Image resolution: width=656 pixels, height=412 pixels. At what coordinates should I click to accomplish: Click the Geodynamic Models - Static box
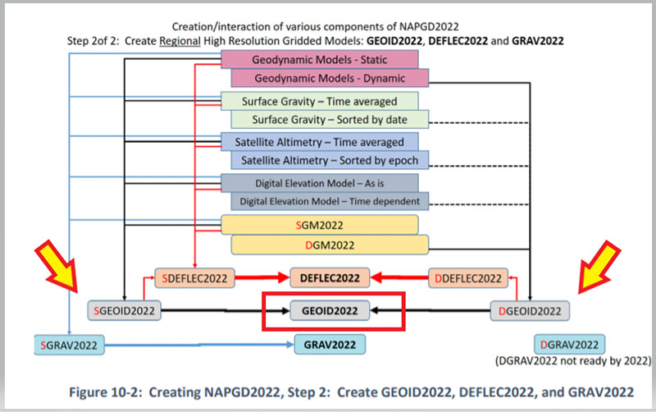pyautogui.click(x=320, y=58)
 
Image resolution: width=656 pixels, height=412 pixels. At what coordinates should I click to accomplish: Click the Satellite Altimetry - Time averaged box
pyautogui.click(x=320, y=141)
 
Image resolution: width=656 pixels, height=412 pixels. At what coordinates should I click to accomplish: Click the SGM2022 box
pyautogui.click(x=320, y=225)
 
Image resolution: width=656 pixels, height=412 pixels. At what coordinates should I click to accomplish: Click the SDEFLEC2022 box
pyautogui.click(x=194, y=278)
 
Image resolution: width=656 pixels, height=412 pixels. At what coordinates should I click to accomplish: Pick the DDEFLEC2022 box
pyautogui.click(x=467, y=278)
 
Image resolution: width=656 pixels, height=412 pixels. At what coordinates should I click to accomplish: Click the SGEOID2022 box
pyautogui.click(x=126, y=311)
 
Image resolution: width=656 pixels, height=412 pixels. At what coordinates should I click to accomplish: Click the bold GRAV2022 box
pyautogui.click(x=330, y=345)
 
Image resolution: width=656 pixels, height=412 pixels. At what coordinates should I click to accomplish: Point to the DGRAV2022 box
pyautogui.click(x=569, y=344)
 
